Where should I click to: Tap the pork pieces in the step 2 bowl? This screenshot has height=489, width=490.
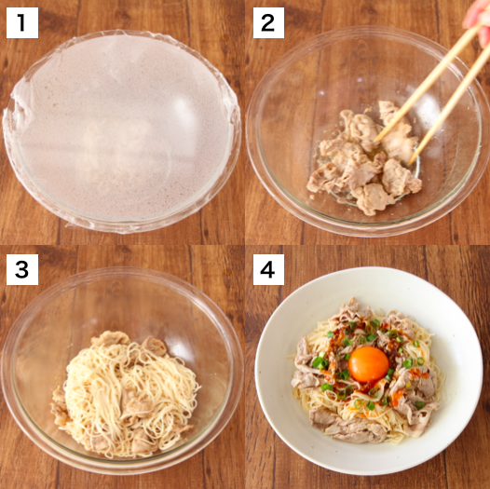tap(359, 163)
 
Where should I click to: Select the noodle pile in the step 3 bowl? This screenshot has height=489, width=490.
tap(130, 382)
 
